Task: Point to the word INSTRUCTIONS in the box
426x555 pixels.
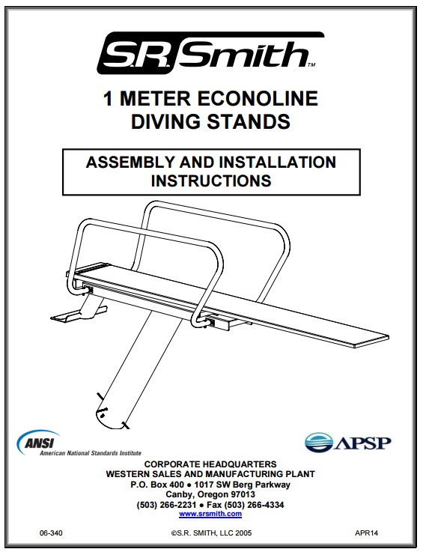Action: pos(210,181)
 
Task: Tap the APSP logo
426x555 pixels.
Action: pos(347,443)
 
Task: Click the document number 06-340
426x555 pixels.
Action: pos(50,532)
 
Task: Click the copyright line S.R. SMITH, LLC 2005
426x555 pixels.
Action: pos(213,532)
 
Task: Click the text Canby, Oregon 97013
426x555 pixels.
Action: pos(210,494)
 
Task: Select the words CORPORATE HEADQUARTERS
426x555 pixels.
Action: pos(210,464)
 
